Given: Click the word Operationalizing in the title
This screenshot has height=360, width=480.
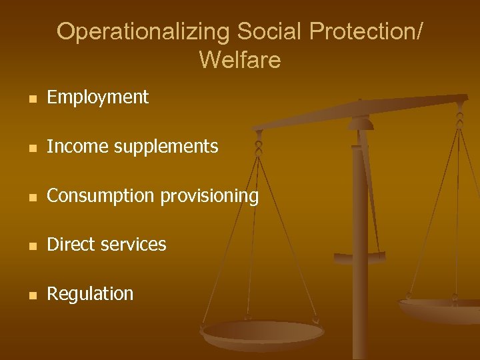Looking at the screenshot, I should [143, 31].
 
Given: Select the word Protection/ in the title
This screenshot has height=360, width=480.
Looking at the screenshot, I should [365, 31].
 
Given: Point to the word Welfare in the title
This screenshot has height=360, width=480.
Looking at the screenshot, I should [239, 60].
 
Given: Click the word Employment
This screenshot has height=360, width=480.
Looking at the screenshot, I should [98, 97].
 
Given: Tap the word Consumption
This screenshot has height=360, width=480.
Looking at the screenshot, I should [100, 196].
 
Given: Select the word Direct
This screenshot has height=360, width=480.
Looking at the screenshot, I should [69, 245].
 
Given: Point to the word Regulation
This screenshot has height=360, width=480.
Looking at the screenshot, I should [90, 294].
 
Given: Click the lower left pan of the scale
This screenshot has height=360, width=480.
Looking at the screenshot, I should [262, 333].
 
